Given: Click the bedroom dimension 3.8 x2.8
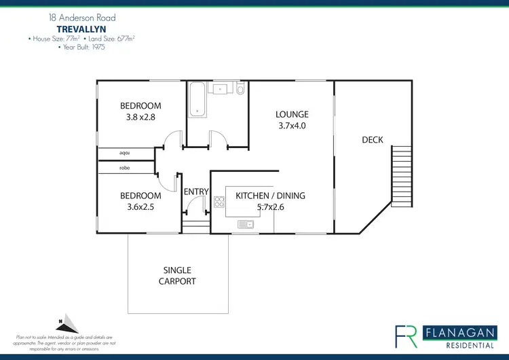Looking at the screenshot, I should (x=140, y=117).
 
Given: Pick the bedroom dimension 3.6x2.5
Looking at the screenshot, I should (x=140, y=207).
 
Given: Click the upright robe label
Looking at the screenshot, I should (x=124, y=168).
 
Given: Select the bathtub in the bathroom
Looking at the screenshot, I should (x=197, y=98).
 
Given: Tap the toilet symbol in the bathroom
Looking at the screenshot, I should (x=240, y=90).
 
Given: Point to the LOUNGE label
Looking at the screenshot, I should (x=292, y=114).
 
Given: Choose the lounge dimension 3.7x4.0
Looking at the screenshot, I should (x=292, y=126).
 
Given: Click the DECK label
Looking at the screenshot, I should (x=372, y=140).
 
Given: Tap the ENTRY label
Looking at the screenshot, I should (x=196, y=192).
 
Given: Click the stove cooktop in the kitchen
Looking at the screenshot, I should (x=219, y=201).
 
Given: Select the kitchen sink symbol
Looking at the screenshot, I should (x=246, y=224).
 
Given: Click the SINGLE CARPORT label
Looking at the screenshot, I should (x=177, y=276).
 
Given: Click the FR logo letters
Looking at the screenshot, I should (x=407, y=336).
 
